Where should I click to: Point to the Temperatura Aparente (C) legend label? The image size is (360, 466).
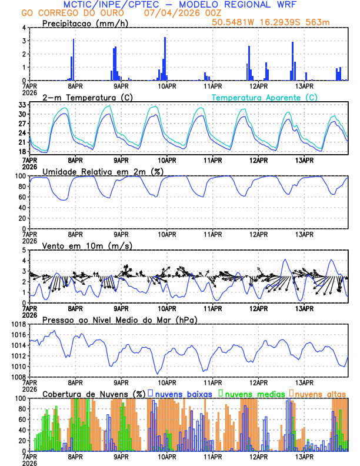[x=265, y=97]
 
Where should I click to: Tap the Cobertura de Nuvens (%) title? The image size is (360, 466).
[x=94, y=394]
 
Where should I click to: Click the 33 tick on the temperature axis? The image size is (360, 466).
[x=22, y=105]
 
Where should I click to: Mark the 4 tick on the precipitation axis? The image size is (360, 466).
[x=24, y=28]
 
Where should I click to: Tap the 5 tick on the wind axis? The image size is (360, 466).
[x=24, y=250]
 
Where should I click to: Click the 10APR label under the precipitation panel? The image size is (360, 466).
[x=166, y=86]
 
